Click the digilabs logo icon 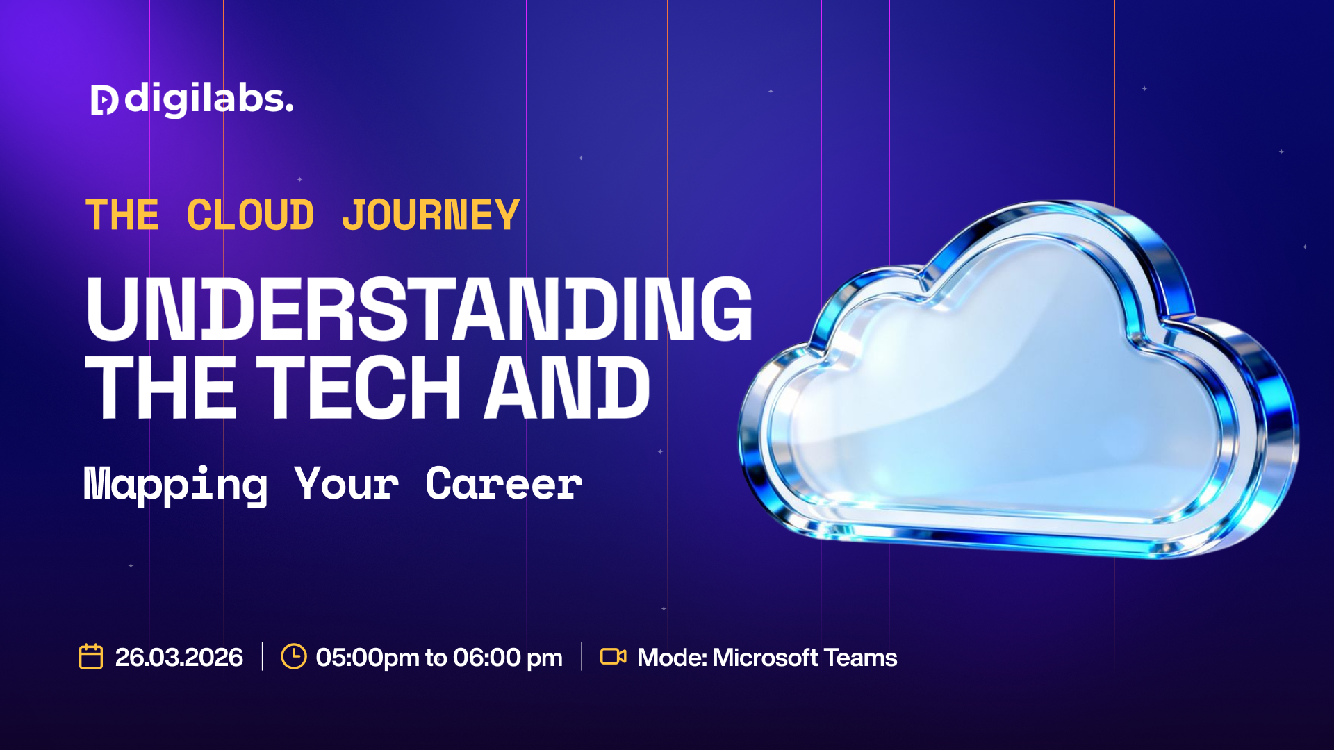[104, 100]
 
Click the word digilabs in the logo [208, 99]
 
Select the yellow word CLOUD [250, 215]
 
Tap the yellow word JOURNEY [431, 215]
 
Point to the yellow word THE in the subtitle [122, 215]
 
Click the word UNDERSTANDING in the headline [420, 308]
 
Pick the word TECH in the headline [358, 387]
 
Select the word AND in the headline [567, 387]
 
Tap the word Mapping [176, 485]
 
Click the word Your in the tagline [347, 483]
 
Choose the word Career [504, 483]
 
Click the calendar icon [91, 656]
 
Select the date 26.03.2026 [179, 657]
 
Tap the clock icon [294, 656]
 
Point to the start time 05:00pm [368, 657]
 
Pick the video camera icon [614, 656]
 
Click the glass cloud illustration [1018, 379]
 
